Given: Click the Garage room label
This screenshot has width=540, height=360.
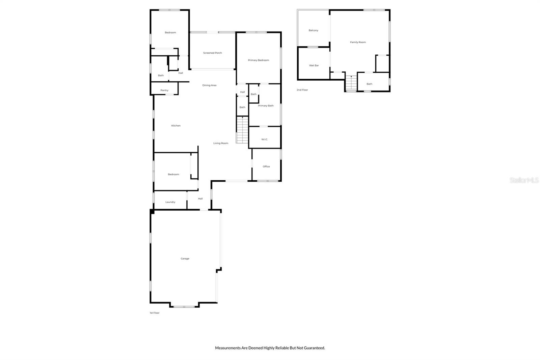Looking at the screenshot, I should pos(185,259).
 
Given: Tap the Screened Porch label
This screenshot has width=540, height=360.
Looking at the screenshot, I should pos(212,53).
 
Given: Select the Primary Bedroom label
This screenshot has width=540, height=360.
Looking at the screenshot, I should pos(258,60).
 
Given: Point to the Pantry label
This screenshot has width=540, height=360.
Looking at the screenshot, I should pos(164,91).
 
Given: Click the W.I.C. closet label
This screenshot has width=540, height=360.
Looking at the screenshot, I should pos(265,139).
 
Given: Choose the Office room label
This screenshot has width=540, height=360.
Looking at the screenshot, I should pos(266,166).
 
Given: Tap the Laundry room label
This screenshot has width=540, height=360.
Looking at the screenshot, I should pos(170,202).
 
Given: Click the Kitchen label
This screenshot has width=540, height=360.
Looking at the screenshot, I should pos(176,126).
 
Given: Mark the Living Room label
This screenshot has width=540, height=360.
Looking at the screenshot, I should pos(220,143).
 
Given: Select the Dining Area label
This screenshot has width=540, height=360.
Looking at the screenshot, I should pos(209,85).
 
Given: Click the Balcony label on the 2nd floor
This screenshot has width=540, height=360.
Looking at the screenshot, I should pos(313,30).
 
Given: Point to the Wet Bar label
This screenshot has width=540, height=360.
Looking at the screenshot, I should pos(314,66).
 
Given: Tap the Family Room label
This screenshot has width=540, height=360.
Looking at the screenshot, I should pos(358,42).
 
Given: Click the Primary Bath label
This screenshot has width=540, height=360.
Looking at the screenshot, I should pos(266,106).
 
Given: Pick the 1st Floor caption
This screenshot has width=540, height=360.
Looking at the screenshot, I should pos(155,313).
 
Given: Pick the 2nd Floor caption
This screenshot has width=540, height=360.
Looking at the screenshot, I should pos(302,90).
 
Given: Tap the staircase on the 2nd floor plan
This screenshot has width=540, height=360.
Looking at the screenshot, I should pos(351,83).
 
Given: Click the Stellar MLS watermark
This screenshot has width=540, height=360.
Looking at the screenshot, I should pos(524,180).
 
